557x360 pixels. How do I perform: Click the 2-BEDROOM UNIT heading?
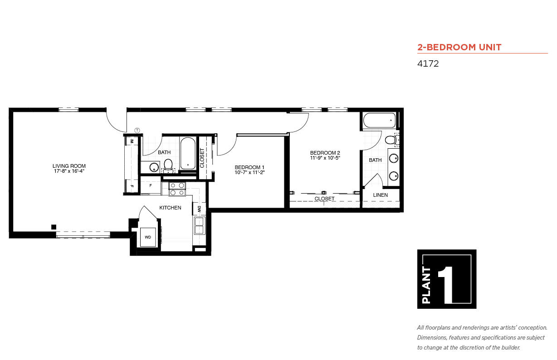(x=459, y=47)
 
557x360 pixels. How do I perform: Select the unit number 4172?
(x=428, y=63)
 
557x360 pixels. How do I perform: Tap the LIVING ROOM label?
(x=69, y=166)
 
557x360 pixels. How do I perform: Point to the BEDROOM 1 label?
(x=249, y=167)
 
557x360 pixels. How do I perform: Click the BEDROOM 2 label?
(x=325, y=153)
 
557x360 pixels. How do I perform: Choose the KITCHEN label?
(x=171, y=208)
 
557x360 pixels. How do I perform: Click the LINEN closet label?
(x=381, y=195)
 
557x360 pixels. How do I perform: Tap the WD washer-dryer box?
(x=148, y=237)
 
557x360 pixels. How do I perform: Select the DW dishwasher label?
(x=199, y=209)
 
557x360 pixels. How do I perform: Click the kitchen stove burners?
(x=177, y=189)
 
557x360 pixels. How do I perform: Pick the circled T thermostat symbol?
(x=137, y=130)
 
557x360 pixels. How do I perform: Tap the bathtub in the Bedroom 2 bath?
(x=380, y=120)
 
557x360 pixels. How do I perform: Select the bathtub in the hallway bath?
(x=188, y=153)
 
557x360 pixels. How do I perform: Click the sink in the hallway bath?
(x=154, y=167)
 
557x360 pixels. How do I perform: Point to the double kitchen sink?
(x=200, y=226)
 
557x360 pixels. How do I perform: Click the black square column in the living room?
(x=54, y=227)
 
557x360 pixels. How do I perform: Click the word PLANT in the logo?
(x=426, y=285)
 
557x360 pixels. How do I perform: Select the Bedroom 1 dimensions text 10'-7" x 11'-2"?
(x=249, y=172)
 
